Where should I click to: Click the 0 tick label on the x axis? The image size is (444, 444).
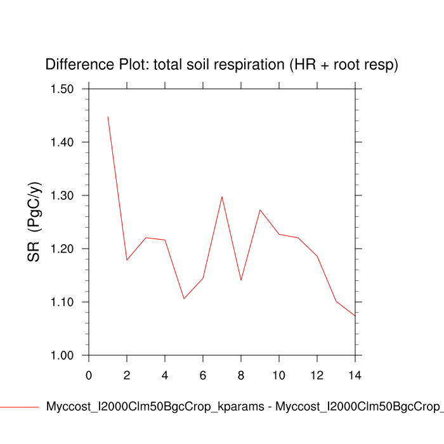pos(89,375)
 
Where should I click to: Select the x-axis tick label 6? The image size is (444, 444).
pos(203,375)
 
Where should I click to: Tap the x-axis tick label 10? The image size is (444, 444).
pos(279,375)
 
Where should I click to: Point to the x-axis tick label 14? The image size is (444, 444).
pos(355,375)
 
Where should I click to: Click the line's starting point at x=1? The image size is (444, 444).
pos(108,117)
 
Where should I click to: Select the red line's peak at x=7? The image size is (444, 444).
pos(222,197)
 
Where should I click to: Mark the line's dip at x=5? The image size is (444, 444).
pos(184,298)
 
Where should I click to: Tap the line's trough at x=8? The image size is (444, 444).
pos(241,280)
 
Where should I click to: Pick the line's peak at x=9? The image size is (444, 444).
pos(260,209)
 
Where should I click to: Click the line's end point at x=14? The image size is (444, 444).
pos(355,315)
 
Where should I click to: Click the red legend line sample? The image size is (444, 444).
pos(19,407)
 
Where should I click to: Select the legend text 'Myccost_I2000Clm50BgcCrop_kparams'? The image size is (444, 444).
pos(155,407)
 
